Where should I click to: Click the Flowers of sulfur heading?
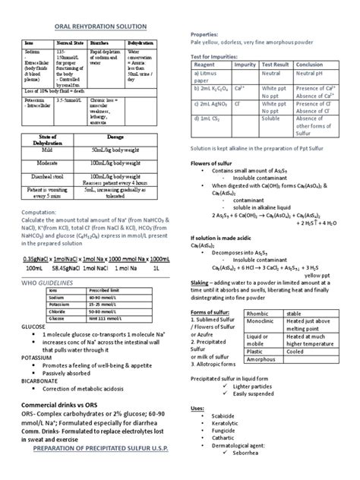[210, 164]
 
